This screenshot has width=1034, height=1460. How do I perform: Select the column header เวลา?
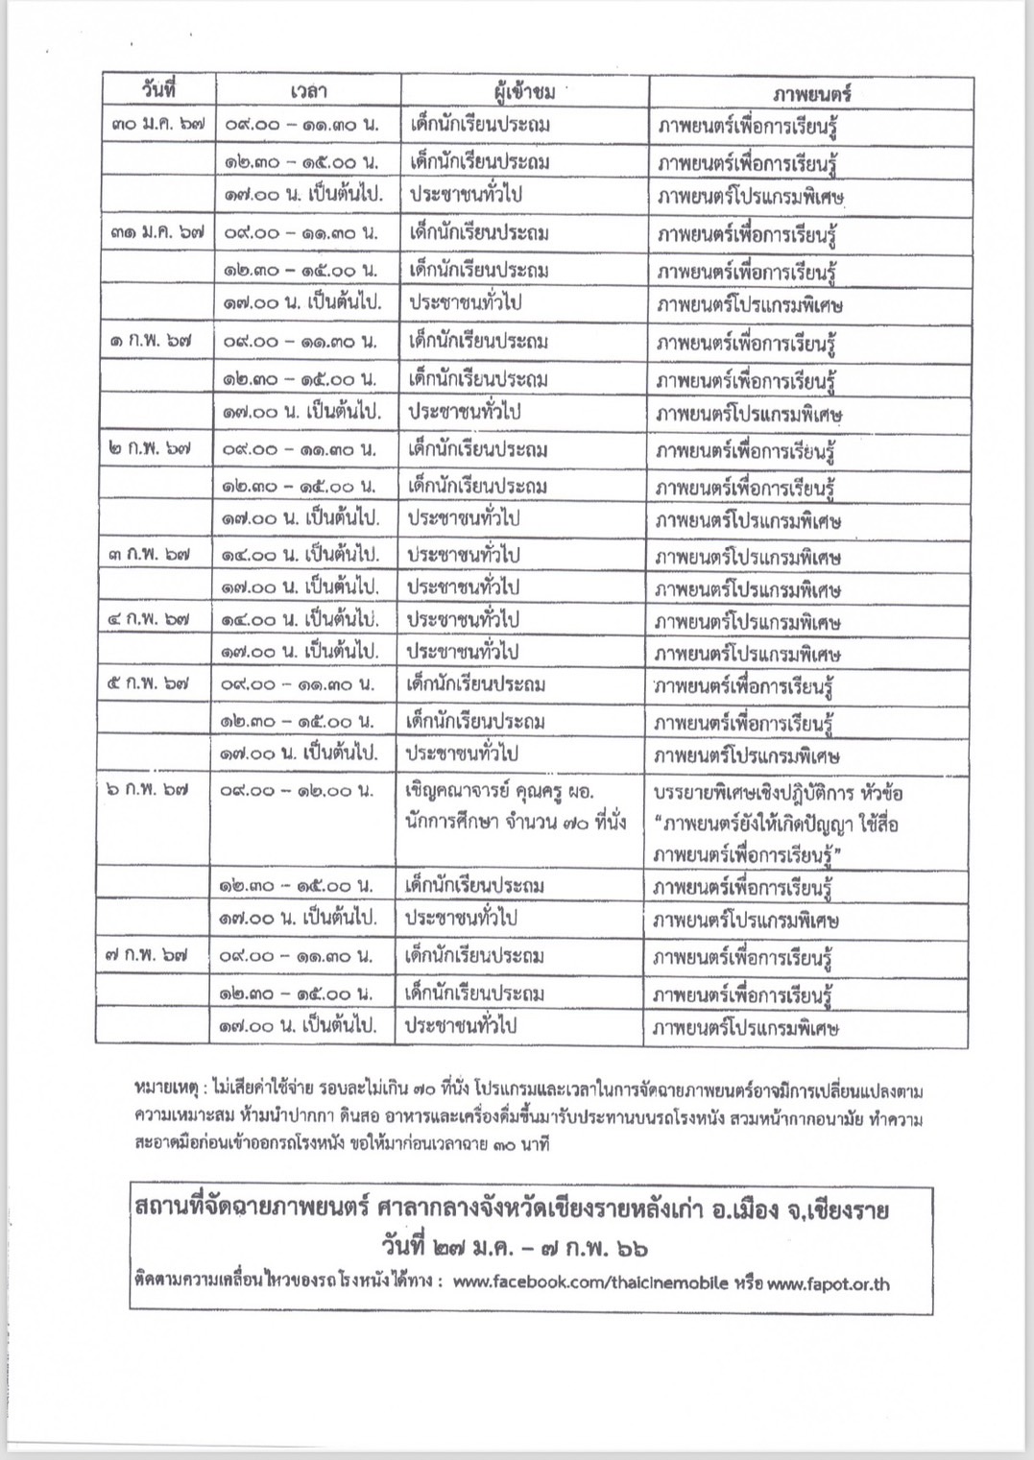point(308,91)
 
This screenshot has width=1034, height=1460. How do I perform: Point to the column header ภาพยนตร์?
point(811,93)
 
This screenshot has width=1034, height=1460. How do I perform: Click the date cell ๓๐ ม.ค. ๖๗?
point(156,124)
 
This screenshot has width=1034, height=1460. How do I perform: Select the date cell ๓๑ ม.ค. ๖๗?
point(156,232)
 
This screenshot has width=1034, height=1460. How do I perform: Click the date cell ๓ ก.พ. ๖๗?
point(149,554)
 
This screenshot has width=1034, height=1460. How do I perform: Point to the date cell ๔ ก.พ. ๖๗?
point(149,619)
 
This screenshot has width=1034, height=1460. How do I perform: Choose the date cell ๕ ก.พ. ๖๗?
point(148,683)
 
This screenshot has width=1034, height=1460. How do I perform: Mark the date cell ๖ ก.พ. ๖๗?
point(148,789)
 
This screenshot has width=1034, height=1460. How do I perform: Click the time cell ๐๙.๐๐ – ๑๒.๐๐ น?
point(297,791)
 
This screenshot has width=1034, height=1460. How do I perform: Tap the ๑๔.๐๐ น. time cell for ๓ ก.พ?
point(301,555)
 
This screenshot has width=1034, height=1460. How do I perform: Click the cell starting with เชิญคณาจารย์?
point(516,806)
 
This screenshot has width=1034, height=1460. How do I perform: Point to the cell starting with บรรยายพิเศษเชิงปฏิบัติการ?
point(779,824)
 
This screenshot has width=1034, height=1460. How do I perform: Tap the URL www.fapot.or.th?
point(828,1282)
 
